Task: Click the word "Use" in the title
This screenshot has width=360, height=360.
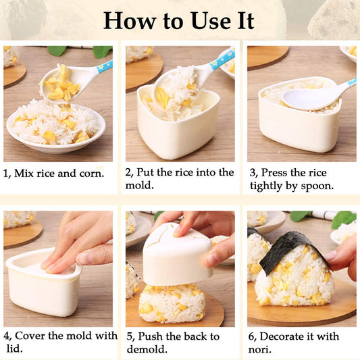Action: (211, 21)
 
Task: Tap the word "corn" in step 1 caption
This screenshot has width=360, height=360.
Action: (91, 174)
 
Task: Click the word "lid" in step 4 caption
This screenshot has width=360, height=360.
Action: (14, 349)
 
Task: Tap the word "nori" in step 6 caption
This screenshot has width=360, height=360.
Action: (259, 349)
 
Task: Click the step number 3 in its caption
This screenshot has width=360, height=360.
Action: (253, 173)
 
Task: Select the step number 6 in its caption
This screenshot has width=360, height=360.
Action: (251, 337)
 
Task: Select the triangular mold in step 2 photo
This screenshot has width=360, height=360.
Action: (178, 122)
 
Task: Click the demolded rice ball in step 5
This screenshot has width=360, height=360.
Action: (172, 303)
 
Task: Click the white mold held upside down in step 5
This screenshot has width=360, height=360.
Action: (177, 255)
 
